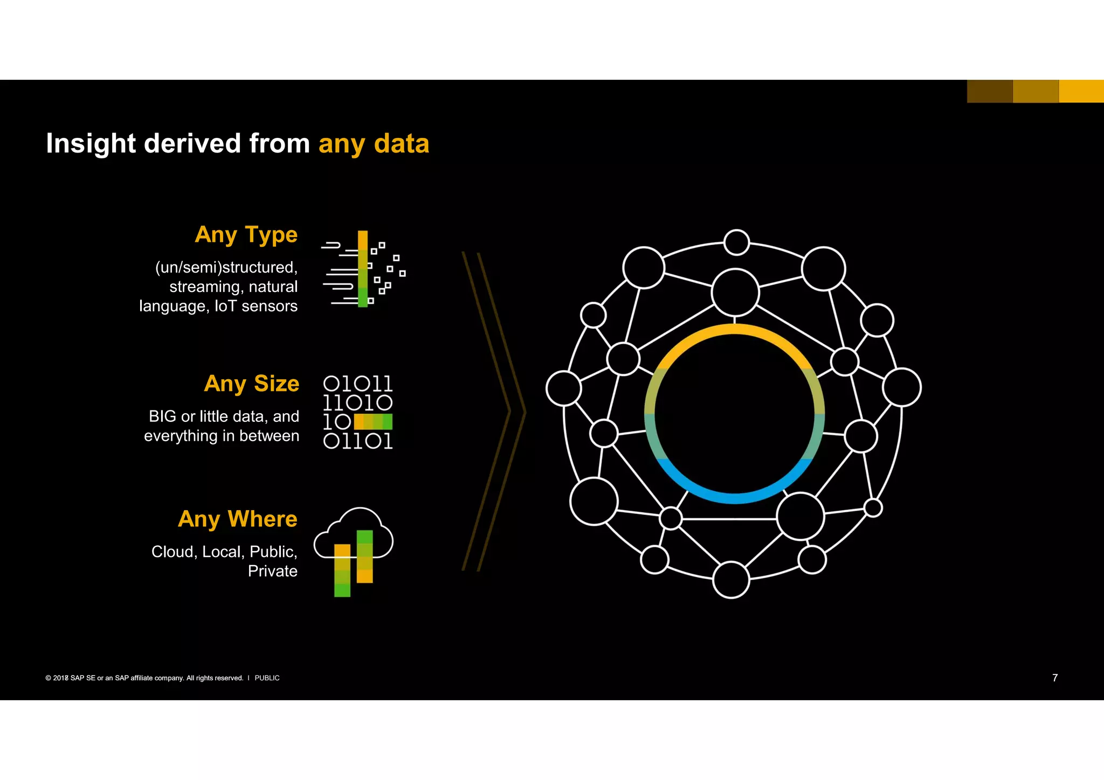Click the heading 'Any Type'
pyautogui.click(x=246, y=235)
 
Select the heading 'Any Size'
pyautogui.click(x=251, y=384)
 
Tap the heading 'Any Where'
pyautogui.click(x=238, y=519)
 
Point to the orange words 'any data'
pyautogui.click(x=374, y=144)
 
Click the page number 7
pyautogui.click(x=1055, y=678)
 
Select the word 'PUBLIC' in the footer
pyautogui.click(x=267, y=678)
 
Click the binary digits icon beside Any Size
pyautogui.click(x=358, y=412)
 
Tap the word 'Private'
pyautogui.click(x=272, y=571)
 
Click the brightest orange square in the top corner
pyautogui.click(x=1081, y=91)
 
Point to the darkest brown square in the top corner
pyautogui.click(x=990, y=91)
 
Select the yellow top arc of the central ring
pyautogui.click(x=734, y=329)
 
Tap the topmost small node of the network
pyautogui.click(x=736, y=242)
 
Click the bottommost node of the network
pyautogui.click(x=731, y=580)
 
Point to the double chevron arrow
pyautogui.click(x=493, y=412)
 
